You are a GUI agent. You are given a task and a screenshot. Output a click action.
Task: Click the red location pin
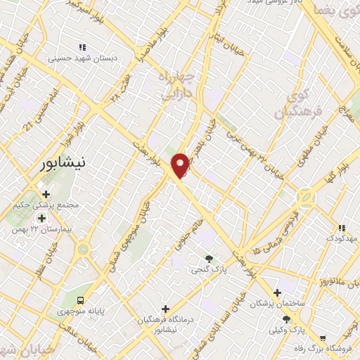click(181, 165)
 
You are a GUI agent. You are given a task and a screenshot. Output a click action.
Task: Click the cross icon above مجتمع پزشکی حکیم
click(46, 194)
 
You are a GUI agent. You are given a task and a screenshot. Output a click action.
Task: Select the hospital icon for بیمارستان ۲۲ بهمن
click(42, 218)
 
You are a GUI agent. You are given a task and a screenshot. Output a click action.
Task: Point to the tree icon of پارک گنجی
click(208, 258)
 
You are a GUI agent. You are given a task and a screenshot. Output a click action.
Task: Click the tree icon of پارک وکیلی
click(285, 319)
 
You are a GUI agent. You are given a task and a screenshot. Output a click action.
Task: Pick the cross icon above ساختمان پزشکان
click(278, 292)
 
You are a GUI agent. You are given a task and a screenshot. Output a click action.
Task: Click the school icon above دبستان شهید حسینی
click(82, 47)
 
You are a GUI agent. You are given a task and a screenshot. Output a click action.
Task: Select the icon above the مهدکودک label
click(341, 228)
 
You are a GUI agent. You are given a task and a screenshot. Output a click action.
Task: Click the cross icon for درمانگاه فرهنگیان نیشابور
click(165, 309)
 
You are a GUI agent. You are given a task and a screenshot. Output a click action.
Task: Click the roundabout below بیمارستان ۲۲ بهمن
click(84, 249)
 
